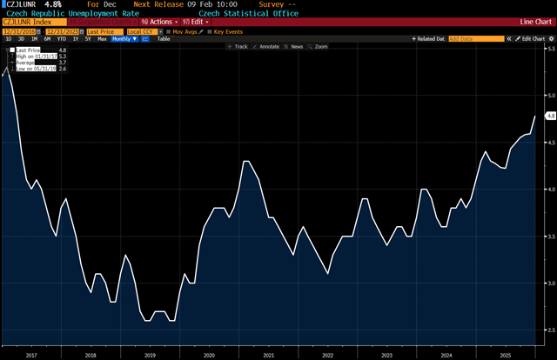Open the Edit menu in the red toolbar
(x=193, y=22)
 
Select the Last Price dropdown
(x=104, y=31)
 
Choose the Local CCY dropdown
(x=144, y=31)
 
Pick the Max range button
(x=102, y=39)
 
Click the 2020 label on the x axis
(x=209, y=355)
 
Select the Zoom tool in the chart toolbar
(x=320, y=47)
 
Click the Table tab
(x=164, y=39)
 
